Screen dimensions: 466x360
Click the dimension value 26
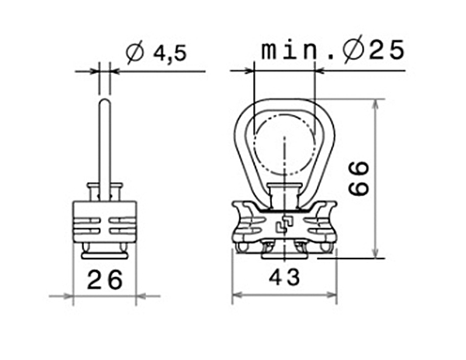coord(105,280)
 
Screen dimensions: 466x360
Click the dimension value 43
coord(284,277)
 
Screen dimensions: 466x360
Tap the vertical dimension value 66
coord(359,178)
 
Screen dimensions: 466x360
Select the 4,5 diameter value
coord(170,54)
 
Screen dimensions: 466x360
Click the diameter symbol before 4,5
coord(134,53)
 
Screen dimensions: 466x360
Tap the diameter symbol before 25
coord(353,49)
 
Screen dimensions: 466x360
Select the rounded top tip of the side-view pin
coord(105,100)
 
